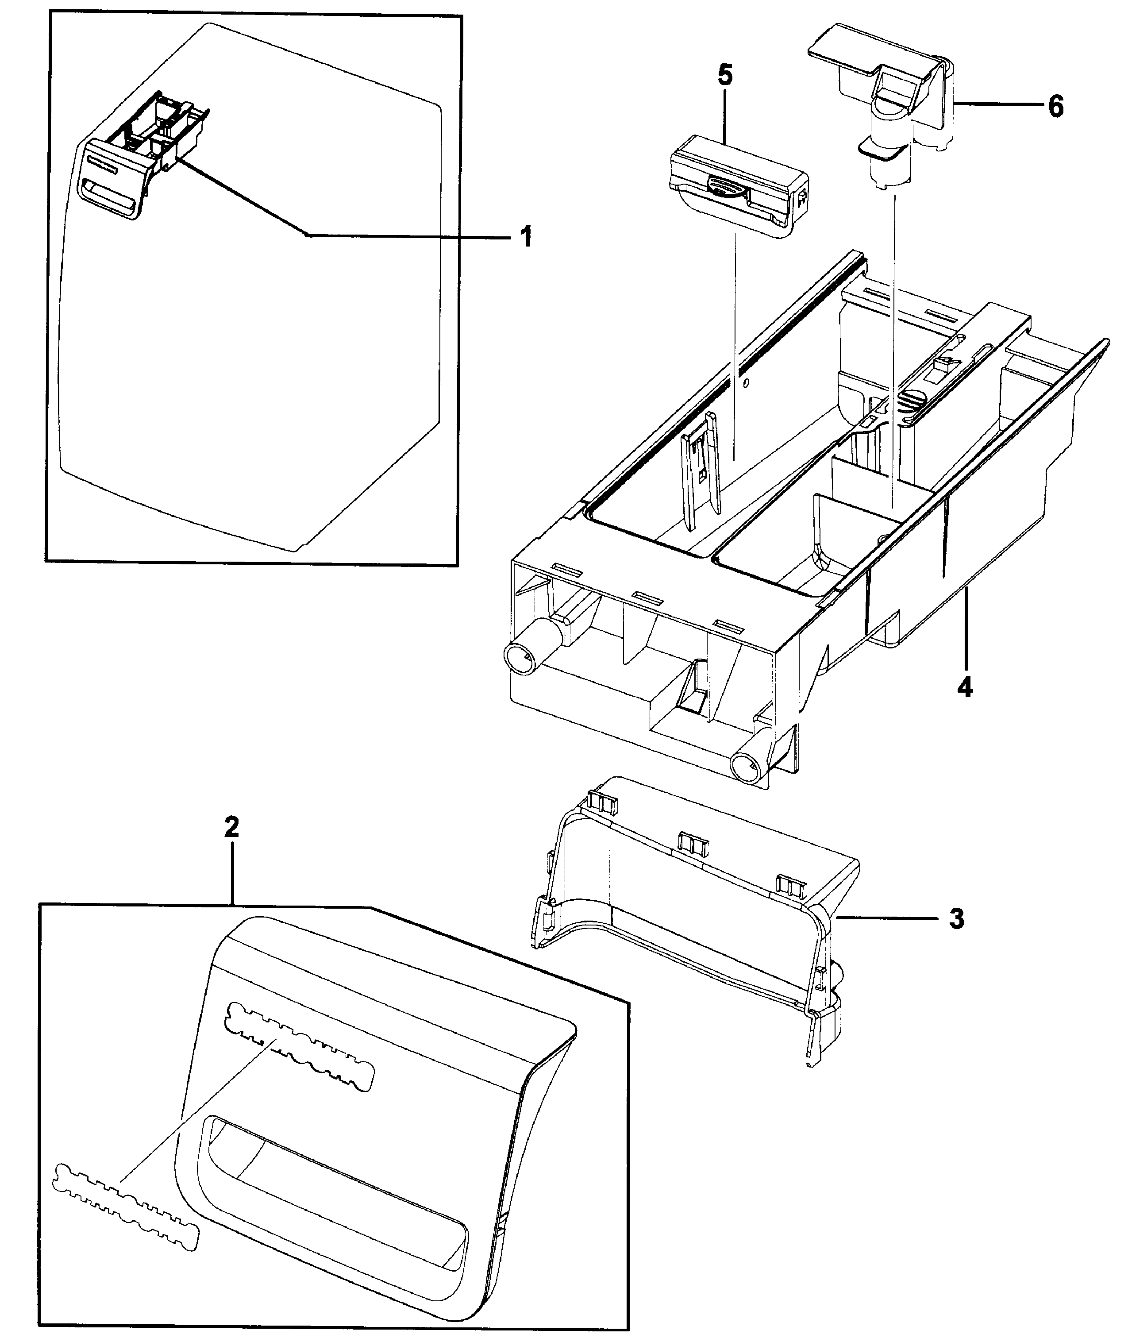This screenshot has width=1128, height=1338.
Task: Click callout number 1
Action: point(525,238)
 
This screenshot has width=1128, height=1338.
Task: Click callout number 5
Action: point(725,76)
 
